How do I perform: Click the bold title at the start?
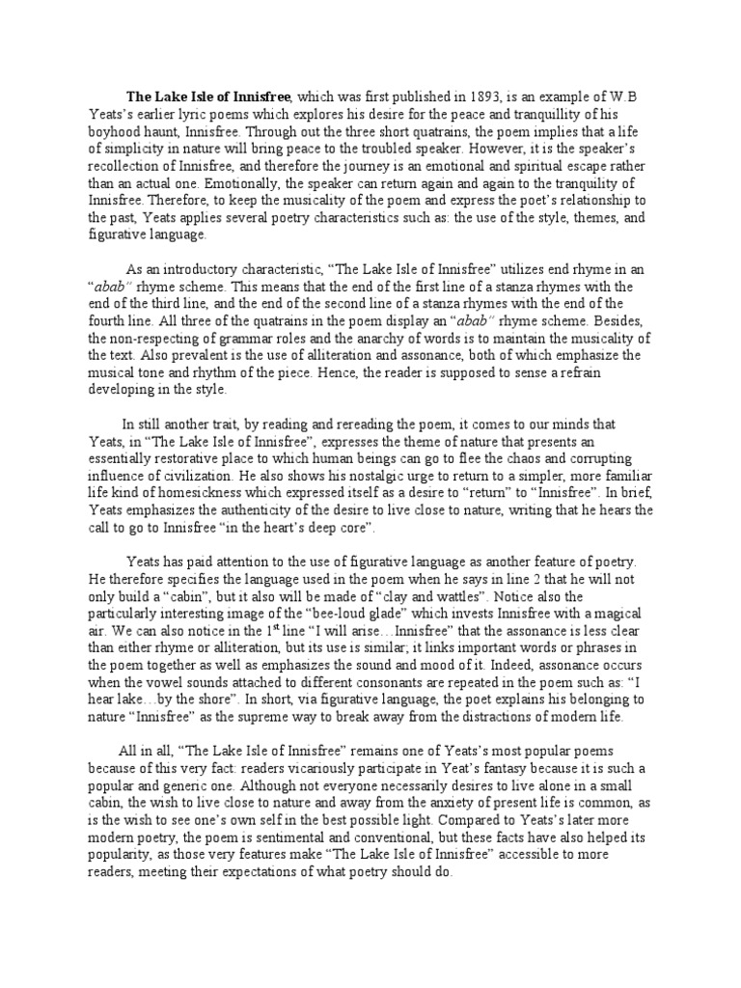pyautogui.click(x=209, y=97)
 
